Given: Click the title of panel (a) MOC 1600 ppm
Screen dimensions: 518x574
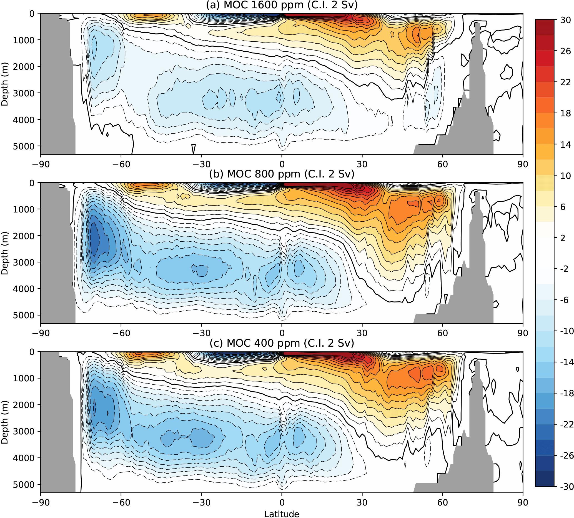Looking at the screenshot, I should point(282,5).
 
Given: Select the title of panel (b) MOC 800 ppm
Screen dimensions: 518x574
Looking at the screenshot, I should point(282,174).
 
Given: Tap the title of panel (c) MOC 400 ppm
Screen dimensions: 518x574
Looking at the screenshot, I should point(282,343).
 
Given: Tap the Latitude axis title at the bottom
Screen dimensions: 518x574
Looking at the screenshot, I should point(282,514).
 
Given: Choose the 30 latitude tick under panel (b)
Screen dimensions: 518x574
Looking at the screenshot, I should point(362,333).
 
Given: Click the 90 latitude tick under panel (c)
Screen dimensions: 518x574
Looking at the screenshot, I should point(523,502).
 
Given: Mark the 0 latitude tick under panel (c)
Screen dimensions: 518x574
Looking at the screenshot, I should point(282,502).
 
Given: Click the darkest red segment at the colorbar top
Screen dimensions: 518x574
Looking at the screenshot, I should point(544,27).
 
